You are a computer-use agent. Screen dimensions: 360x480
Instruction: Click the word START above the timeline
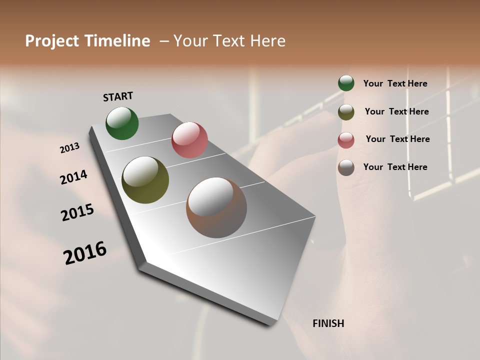tap(118, 96)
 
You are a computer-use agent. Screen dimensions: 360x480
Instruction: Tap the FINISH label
tap(328, 323)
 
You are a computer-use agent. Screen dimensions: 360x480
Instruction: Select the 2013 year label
tap(69, 148)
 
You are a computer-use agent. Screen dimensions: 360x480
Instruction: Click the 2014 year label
tap(73, 177)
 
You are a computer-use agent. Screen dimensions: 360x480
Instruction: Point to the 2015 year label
tap(77, 212)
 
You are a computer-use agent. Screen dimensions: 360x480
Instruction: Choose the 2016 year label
tap(85, 252)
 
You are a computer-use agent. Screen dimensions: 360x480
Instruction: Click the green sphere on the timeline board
tap(122, 123)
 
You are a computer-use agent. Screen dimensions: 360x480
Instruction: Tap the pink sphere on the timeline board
tap(189, 140)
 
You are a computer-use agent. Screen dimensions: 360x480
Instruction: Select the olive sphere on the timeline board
tap(145, 180)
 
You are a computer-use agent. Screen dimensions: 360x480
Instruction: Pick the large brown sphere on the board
tap(216, 207)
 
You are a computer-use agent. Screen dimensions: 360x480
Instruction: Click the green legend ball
tap(346, 83)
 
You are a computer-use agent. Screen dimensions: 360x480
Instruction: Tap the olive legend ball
tap(346, 112)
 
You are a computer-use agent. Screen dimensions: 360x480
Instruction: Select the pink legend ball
tap(346, 140)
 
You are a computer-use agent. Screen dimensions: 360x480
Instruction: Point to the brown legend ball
tap(346, 167)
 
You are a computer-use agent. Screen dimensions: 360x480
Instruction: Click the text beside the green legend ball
tap(395, 83)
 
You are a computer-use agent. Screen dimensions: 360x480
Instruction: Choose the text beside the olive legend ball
tap(396, 111)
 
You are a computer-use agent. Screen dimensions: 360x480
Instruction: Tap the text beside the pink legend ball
tap(397, 139)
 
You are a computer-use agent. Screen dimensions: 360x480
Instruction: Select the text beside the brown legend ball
tap(395, 167)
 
